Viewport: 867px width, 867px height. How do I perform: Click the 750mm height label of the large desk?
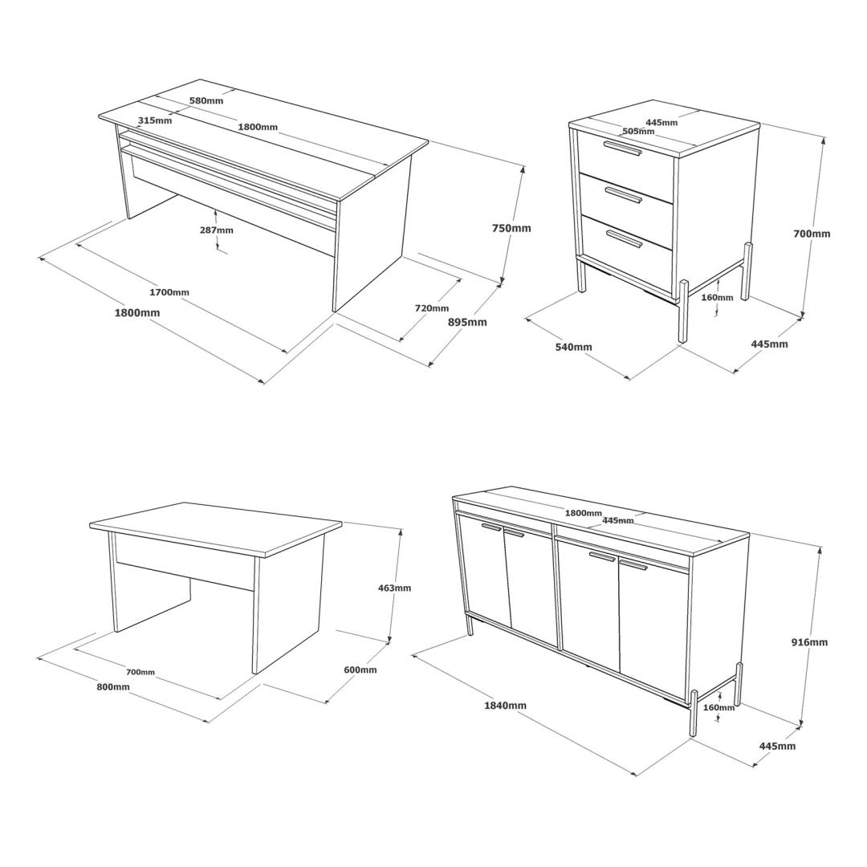511,228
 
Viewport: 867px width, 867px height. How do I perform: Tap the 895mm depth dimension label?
467,322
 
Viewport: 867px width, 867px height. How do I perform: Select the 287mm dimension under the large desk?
216,230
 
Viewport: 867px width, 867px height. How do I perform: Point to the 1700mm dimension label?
169,291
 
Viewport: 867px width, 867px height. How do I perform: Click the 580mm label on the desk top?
206,100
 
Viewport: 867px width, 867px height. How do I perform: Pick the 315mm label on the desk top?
155,120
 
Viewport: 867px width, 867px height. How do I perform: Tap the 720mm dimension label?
432,308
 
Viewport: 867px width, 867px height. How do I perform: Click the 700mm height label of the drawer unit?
812,234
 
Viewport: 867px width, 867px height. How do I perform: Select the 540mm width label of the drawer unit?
573,347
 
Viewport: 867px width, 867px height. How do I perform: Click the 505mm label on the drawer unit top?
638,131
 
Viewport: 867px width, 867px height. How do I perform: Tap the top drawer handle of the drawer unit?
623,149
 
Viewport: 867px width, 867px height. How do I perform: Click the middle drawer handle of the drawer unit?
623,195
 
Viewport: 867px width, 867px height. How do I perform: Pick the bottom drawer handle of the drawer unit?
625,238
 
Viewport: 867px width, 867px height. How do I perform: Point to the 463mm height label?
394,588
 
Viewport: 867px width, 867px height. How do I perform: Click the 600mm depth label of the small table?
360,670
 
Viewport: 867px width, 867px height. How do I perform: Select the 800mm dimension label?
113,686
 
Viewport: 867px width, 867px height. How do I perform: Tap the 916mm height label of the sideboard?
809,642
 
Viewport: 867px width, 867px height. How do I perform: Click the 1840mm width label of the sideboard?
506,705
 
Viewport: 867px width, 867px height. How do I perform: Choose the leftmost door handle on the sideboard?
491,527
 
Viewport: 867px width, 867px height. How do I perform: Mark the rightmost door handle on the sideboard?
633,564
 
